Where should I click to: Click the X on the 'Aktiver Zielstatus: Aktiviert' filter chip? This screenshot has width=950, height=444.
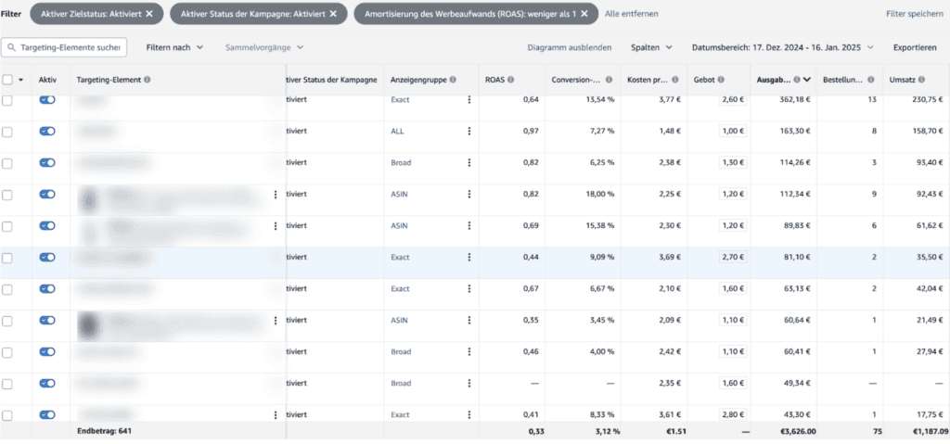click(148, 14)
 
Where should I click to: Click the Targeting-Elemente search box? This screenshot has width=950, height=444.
click(64, 47)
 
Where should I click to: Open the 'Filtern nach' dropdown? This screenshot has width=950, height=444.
click(174, 47)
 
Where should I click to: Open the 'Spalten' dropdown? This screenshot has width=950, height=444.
click(651, 47)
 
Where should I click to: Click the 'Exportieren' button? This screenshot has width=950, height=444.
click(915, 47)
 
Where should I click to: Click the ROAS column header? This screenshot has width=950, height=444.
click(498, 80)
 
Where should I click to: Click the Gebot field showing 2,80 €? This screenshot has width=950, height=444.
click(732, 414)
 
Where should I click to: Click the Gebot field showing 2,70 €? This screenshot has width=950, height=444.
click(732, 257)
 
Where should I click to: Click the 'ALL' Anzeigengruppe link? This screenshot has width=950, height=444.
click(398, 131)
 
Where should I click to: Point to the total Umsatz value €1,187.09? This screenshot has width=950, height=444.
click(921, 432)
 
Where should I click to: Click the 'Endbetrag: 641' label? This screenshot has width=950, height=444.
click(105, 432)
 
